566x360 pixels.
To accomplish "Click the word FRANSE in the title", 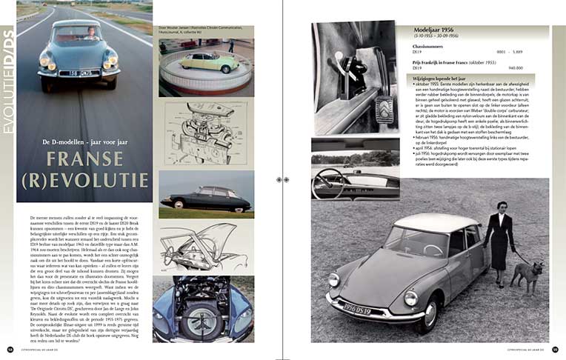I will [85, 158].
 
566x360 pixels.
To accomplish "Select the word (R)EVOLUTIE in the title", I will [84, 181].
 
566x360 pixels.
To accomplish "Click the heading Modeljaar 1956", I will [443, 31].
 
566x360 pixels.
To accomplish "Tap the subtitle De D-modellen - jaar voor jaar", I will [84, 141].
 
